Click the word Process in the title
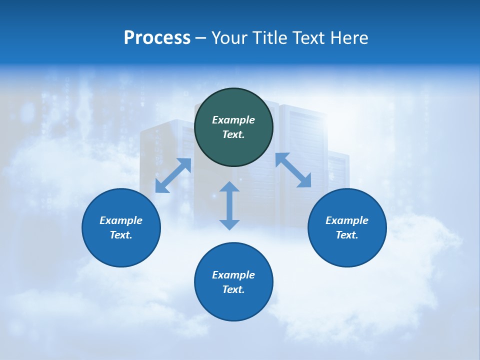point(157,38)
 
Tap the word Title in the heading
point(269,38)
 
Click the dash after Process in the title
point(200,38)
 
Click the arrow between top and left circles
point(173,175)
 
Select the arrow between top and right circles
point(293,170)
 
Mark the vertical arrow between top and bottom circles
point(229,205)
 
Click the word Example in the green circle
point(233,120)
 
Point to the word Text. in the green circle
point(233,134)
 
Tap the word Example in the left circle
point(121,220)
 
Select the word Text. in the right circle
point(347,235)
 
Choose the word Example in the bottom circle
point(233,275)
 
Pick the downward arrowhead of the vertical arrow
point(229,224)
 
